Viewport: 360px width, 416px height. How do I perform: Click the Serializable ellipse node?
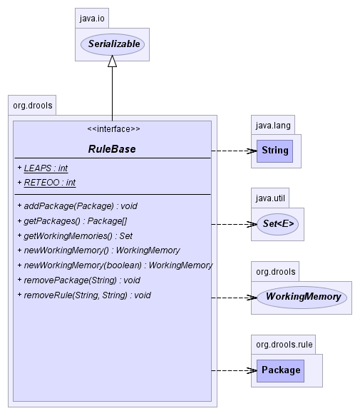pyautogui.click(x=113, y=44)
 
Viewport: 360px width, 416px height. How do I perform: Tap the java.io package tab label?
pyautogui.click(x=92, y=19)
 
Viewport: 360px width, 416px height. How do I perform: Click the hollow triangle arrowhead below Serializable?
pyautogui.click(x=112, y=61)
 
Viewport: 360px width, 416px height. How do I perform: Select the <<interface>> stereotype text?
pyautogui.click(x=113, y=129)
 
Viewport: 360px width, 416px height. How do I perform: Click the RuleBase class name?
pyautogui.click(x=112, y=149)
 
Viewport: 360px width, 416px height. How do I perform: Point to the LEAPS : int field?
pyautogui.click(x=43, y=168)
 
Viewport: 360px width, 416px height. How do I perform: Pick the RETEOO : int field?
pyautogui.click(x=46, y=183)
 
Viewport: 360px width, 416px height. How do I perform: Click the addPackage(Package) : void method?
pyautogui.click(x=78, y=206)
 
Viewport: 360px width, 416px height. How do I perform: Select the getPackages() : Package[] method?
pyautogui.click(x=73, y=221)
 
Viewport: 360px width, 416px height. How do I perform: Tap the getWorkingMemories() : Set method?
pyautogui.click(x=75, y=236)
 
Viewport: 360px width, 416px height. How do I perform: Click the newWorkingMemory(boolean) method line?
pyautogui.click(x=115, y=265)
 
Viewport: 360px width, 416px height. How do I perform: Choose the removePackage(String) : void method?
pyautogui.click(x=78, y=280)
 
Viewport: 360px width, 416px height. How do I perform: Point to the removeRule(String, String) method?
pyautogui.click(x=84, y=295)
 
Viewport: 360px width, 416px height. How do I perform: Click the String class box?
pyautogui.click(x=274, y=151)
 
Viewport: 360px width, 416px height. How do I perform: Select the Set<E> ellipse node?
pyautogui.click(x=278, y=224)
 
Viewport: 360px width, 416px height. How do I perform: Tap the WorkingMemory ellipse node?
pyautogui.click(x=302, y=297)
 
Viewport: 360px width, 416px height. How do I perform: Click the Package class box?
pyautogui.click(x=280, y=370)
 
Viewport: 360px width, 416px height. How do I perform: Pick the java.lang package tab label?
pyautogui.click(x=273, y=125)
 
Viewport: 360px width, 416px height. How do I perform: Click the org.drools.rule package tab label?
pyautogui.click(x=284, y=345)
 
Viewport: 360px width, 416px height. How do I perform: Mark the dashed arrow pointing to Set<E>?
pyautogui.click(x=234, y=225)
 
